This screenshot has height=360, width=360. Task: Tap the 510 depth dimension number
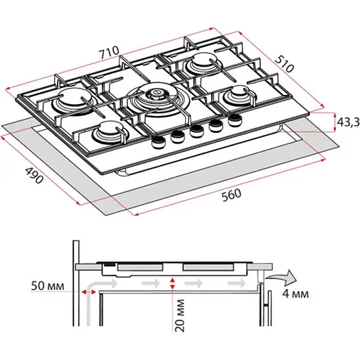click(x=284, y=63)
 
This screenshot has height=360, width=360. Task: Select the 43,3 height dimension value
click(x=349, y=122)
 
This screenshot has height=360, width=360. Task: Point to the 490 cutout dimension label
click(x=34, y=175)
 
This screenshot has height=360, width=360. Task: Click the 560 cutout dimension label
click(x=231, y=195)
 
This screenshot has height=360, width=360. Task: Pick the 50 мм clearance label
click(x=47, y=286)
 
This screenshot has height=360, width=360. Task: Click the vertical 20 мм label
click(x=180, y=315)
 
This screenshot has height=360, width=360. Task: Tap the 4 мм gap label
click(x=295, y=294)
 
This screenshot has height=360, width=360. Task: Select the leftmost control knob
click(x=158, y=142)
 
